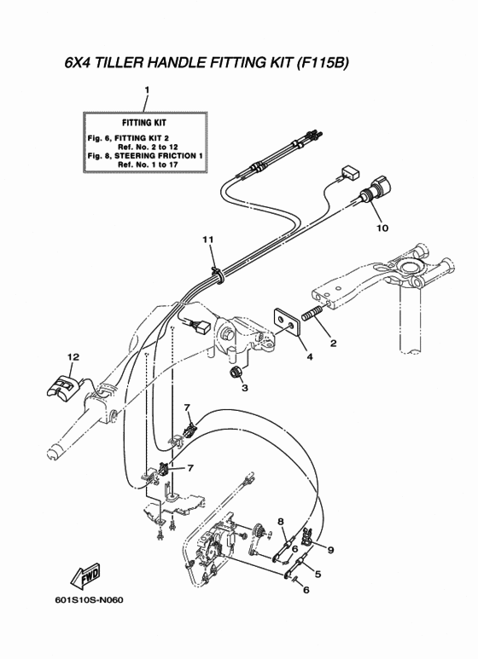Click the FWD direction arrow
pos(85,576)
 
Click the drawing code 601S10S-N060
pos(89,599)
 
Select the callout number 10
pos(382,228)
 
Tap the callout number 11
pos(208,240)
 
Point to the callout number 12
pos(73,357)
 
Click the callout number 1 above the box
pos(147,90)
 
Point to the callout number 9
pos(331,550)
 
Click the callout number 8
pos(281,523)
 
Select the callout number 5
pos(318,573)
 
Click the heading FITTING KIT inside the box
pos(144,123)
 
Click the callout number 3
pos(244,388)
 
